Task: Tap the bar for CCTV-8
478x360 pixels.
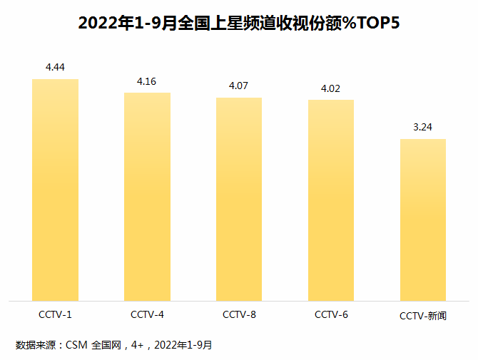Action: [239, 199]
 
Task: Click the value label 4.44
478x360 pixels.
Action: [55, 68]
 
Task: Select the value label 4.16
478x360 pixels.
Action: [147, 81]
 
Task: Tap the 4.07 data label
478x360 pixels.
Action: [239, 86]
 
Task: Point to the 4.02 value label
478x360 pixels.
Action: [331, 88]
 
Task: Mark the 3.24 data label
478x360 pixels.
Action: [423, 128]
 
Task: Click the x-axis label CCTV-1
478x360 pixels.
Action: [55, 314]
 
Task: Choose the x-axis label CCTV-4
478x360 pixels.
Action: [147, 314]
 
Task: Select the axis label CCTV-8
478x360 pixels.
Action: [239, 314]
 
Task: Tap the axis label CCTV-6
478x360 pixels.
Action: [331, 314]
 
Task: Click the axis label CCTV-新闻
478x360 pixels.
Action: [423, 315]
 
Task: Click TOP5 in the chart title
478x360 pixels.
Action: [376, 23]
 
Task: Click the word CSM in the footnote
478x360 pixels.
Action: [76, 345]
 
